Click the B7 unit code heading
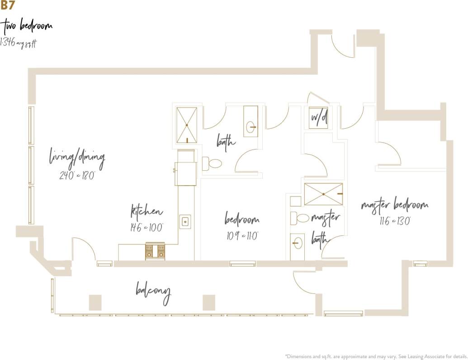click(x=7, y=5)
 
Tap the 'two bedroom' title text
click(x=28, y=26)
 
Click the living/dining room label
click(x=77, y=159)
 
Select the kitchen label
click(x=147, y=211)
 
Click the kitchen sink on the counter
click(x=185, y=221)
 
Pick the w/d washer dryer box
click(x=319, y=118)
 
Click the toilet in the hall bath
click(x=212, y=164)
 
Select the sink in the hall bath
click(x=251, y=127)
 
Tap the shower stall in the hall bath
click(x=186, y=125)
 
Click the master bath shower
click(x=323, y=194)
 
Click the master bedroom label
click(x=394, y=206)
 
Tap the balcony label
click(x=154, y=292)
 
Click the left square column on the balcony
click(x=95, y=302)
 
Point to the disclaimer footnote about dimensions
click(x=376, y=356)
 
